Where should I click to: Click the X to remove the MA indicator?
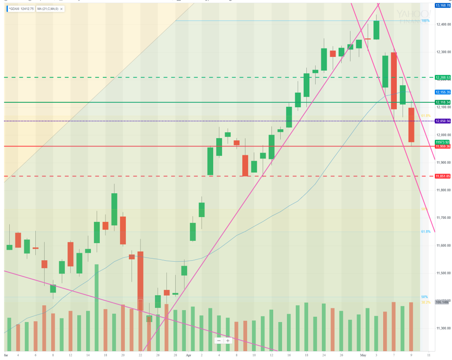pos(61,9)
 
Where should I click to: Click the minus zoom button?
pos(219,340)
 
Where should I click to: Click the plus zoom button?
pos(228,340)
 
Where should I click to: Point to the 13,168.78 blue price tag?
pos(443,5)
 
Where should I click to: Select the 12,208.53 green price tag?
pos(443,78)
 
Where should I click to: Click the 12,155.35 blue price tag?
pos(443,92)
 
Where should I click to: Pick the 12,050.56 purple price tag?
pos(443,121)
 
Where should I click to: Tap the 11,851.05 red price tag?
pos(443,176)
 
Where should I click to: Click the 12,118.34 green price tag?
pos(443,102)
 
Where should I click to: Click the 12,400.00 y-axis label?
pos(443,24)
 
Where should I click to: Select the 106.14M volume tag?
pos(442,302)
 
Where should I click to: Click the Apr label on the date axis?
pos(188,354)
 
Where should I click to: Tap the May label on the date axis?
pos(363,354)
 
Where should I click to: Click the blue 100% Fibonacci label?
pos(425,21)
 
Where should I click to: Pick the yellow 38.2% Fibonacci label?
pos(425,302)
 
